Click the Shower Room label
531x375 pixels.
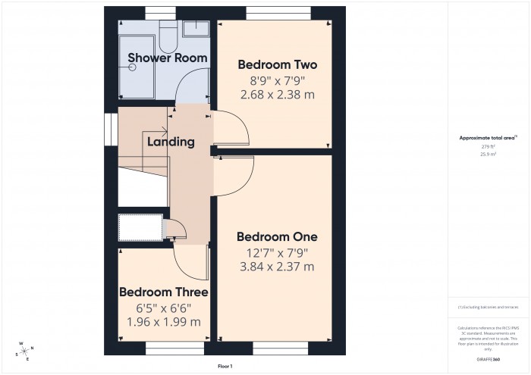pos(158,58)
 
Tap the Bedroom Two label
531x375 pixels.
pos(278,64)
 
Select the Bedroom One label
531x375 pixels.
pos(276,236)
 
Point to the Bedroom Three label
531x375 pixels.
pos(163,292)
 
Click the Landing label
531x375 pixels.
pos(171,142)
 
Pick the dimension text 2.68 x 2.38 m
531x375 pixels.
pos(278,95)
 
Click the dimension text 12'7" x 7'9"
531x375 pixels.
pos(276,252)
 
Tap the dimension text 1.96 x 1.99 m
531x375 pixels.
pos(163,322)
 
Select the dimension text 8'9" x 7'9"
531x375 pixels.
pos(278,80)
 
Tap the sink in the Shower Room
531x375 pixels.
pos(196,28)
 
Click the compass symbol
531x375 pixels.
pos(26,350)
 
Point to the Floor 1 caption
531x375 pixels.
pos(225,366)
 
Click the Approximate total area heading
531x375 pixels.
pos(488,137)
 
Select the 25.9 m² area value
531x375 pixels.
pos(488,154)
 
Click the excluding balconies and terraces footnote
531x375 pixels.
pos(488,307)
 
